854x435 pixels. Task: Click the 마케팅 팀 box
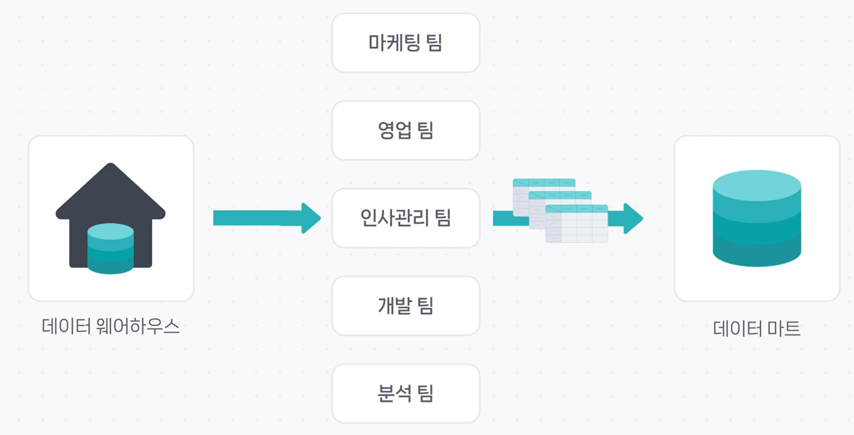[405, 43]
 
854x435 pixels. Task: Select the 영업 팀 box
[405, 130]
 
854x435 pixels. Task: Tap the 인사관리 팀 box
[405, 218]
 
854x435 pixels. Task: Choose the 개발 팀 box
[405, 305]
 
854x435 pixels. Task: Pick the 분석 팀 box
[405, 393]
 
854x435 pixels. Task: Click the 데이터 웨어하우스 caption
[111, 326]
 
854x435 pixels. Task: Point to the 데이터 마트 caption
[756, 329]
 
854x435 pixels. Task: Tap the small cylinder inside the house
[111, 249]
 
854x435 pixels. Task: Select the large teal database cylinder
[756, 225]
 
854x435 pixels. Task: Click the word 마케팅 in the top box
[394, 43]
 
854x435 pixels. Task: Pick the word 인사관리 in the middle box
[394, 218]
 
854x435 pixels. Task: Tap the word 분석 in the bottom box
[394, 393]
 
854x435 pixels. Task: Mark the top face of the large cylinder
[756, 184]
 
